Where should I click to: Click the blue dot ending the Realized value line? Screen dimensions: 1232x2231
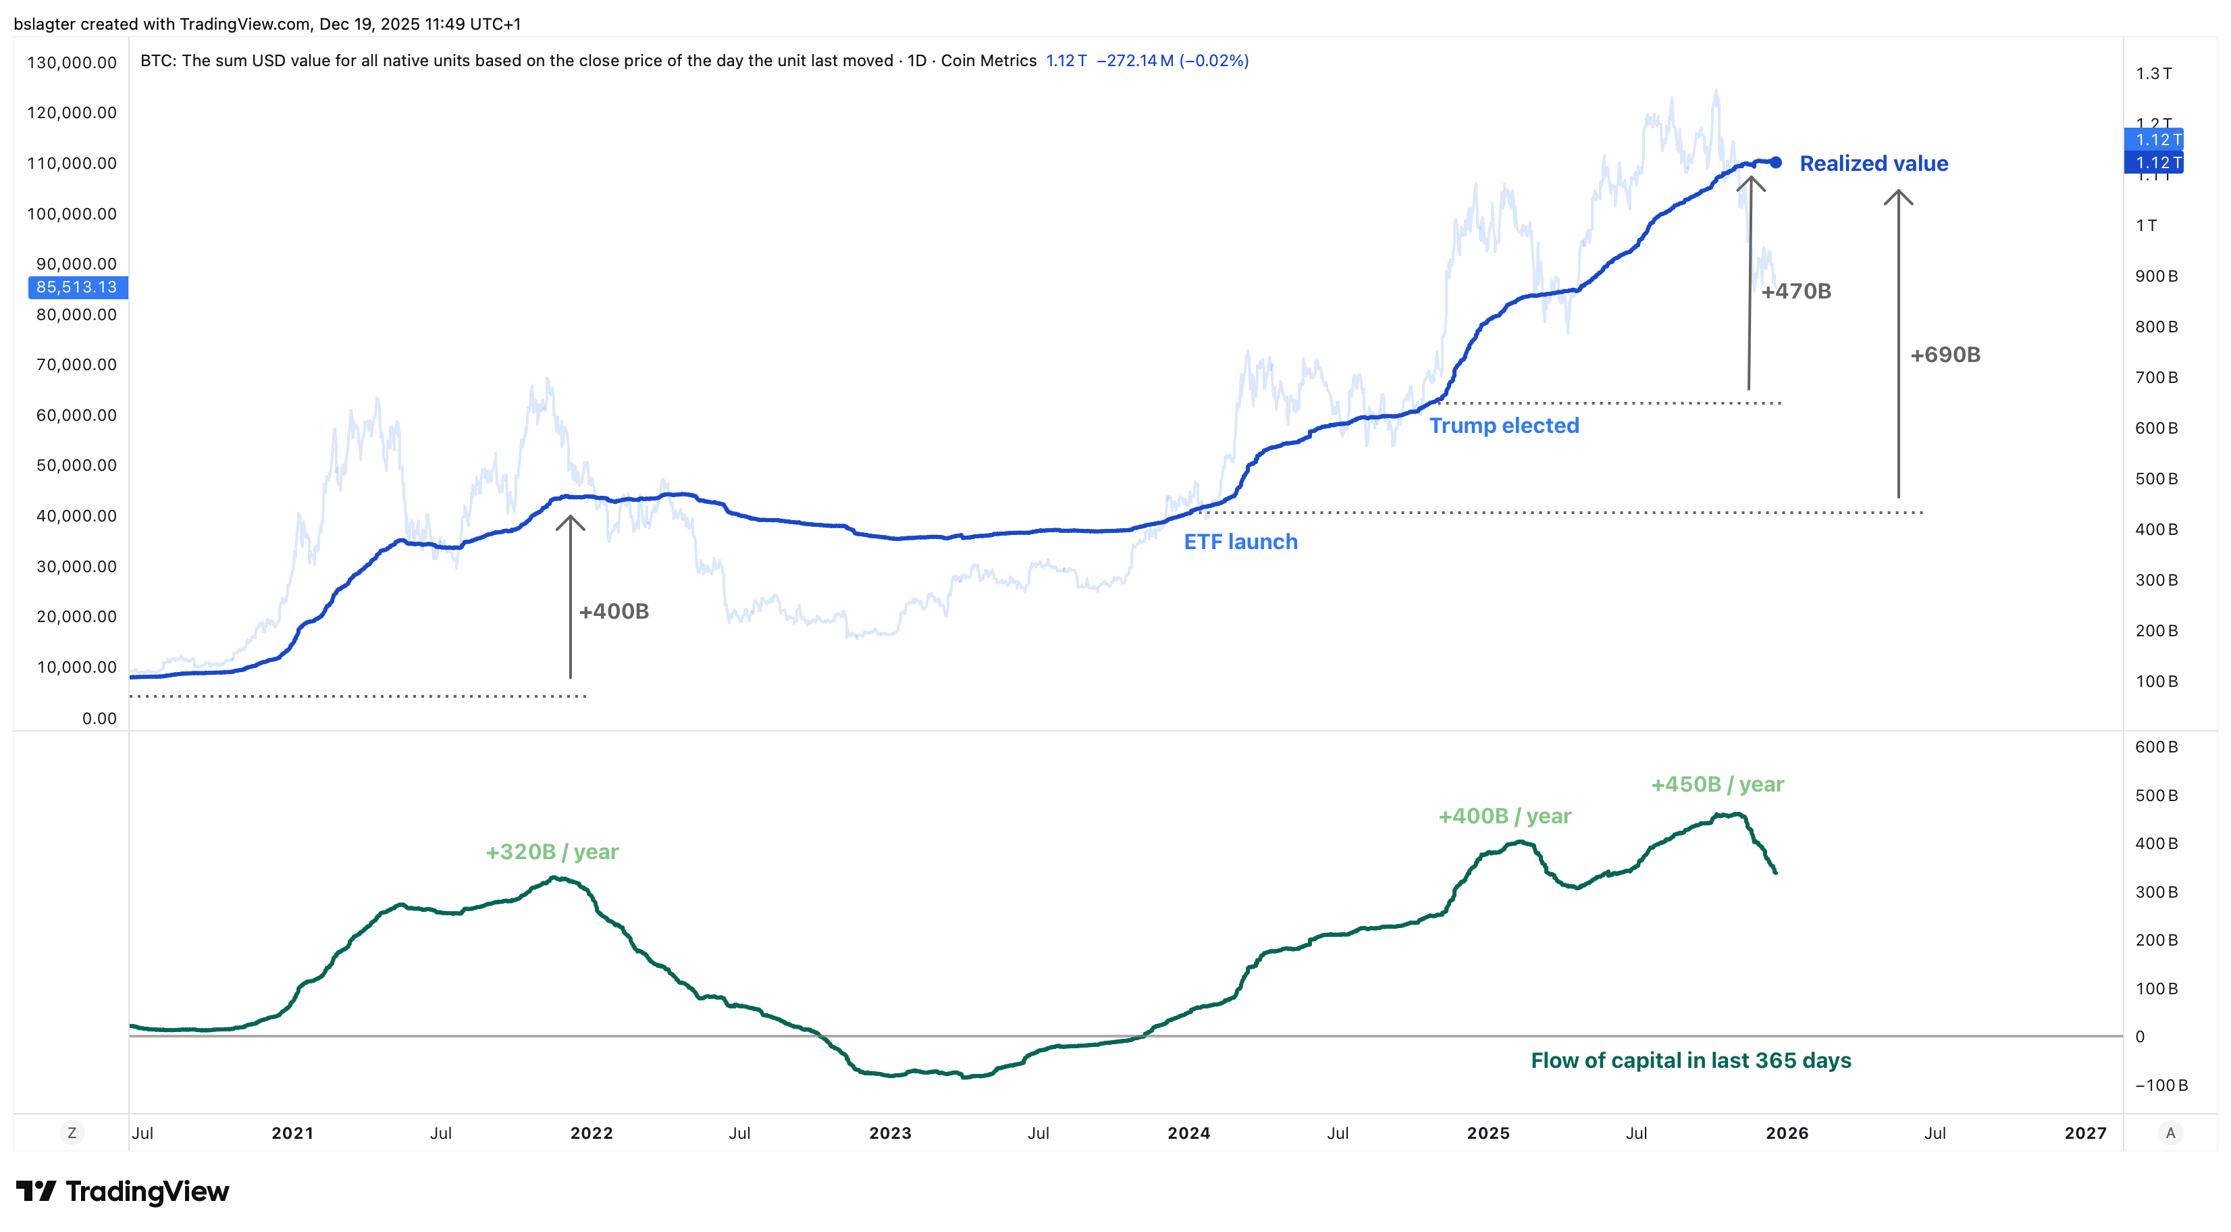coord(1775,162)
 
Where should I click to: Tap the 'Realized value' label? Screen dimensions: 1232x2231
coord(1873,163)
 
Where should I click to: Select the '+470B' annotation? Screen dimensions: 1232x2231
coord(1796,291)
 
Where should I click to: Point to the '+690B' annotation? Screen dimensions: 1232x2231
coord(1945,355)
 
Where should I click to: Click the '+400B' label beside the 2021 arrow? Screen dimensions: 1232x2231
coord(614,612)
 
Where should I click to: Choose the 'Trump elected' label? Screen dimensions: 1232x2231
coord(1504,426)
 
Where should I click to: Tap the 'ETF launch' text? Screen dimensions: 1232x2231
coord(1240,542)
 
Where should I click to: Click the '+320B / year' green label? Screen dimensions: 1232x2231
coord(552,852)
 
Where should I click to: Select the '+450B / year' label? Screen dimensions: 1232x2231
coord(1716,784)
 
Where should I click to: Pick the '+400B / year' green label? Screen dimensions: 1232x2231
coord(1504,816)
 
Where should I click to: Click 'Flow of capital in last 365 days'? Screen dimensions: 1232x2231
coord(1691,1060)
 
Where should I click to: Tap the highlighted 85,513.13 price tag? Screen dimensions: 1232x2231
coord(77,287)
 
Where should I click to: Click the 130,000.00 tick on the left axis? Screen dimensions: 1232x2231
coord(72,62)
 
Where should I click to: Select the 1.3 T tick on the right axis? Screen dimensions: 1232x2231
coord(2153,74)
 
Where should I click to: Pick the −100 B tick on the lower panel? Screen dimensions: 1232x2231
coord(2161,1085)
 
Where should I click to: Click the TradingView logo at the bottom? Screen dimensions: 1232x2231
coord(122,1191)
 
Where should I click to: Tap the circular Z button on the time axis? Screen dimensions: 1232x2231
coord(72,1133)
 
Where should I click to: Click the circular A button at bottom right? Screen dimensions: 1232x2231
coord(2170,1133)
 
